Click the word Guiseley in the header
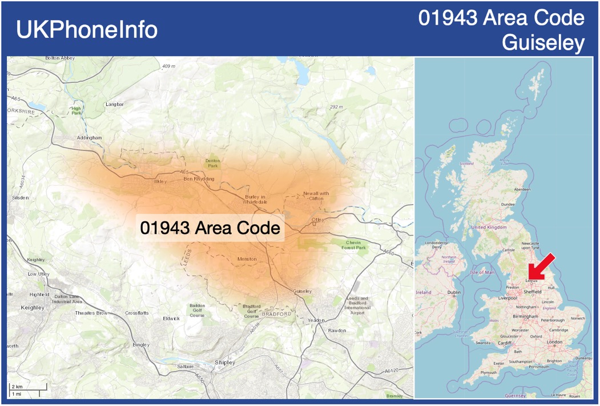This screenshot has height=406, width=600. click(x=543, y=43)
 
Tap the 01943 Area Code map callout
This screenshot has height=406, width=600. click(x=210, y=228)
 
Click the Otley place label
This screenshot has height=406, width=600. click(x=317, y=220)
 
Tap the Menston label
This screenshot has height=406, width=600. click(x=247, y=259)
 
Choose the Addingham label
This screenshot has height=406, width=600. click(x=89, y=138)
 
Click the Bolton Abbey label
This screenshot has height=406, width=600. click(x=60, y=58)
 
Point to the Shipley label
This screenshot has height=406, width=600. click(x=224, y=363)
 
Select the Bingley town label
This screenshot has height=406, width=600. click(x=140, y=345)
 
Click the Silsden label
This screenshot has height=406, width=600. click(x=20, y=197)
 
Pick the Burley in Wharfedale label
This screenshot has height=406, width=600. click(x=256, y=199)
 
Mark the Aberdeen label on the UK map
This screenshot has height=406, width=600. click(x=522, y=189)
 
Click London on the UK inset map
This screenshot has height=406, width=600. click(x=554, y=342)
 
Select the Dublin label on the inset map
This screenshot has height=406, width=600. click(x=454, y=292)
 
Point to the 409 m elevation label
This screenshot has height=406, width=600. click(x=168, y=66)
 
